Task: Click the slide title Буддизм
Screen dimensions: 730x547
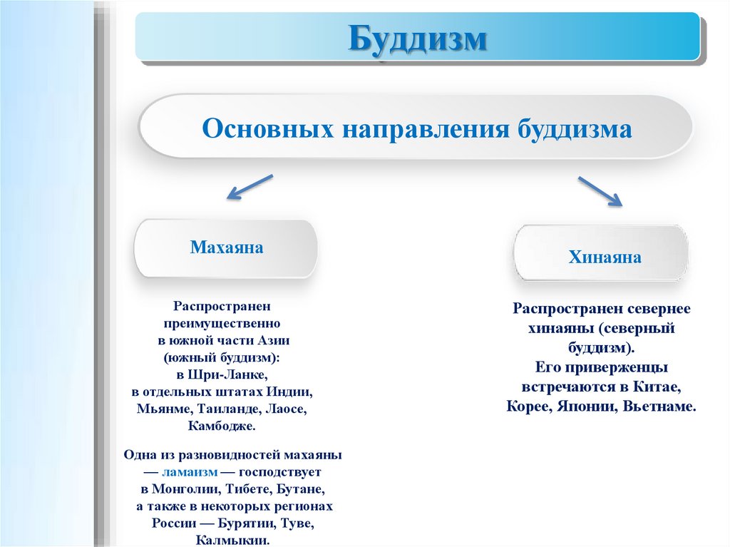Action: coord(417,39)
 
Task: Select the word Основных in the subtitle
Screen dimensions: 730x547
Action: coord(268,128)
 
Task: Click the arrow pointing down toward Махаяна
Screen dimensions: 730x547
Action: coord(250,187)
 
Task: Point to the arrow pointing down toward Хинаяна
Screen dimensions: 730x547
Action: coord(600,191)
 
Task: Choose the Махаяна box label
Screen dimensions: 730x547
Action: coord(226,247)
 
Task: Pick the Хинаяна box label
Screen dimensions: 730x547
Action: coord(605,257)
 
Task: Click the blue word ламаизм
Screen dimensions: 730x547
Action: coord(190,472)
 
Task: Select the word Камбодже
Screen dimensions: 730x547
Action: coord(222,426)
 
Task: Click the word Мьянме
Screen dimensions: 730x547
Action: coord(165,409)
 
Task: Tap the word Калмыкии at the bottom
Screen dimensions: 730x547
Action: coord(233,541)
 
